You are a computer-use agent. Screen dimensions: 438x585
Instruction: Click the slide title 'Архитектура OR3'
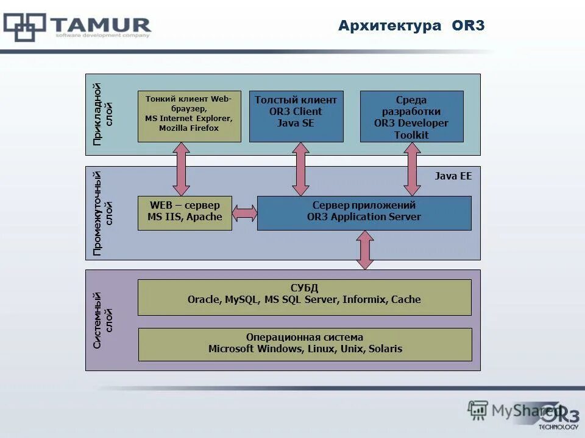(x=411, y=26)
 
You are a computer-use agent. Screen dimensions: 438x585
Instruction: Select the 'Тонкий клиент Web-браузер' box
(x=189, y=116)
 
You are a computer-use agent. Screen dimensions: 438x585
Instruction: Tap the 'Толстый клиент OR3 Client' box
(x=296, y=116)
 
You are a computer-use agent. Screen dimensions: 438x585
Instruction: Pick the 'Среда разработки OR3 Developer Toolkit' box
(x=412, y=116)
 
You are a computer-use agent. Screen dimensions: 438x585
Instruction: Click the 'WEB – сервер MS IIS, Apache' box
(x=185, y=212)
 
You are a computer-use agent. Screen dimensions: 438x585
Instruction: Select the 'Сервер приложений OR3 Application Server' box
(x=364, y=212)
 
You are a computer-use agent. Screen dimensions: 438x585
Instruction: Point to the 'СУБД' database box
(x=304, y=297)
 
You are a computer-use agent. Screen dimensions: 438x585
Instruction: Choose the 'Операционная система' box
(x=305, y=344)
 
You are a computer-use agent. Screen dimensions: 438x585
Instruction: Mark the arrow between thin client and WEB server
(x=181, y=169)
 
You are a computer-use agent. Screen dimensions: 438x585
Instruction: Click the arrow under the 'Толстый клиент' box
(x=300, y=169)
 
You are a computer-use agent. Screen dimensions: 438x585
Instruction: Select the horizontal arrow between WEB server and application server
(x=244, y=213)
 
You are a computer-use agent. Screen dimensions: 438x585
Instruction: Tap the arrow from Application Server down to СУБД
(x=364, y=250)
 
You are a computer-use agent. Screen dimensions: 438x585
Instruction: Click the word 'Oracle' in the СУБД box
(x=204, y=299)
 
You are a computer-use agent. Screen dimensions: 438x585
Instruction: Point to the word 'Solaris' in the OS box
(x=385, y=349)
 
